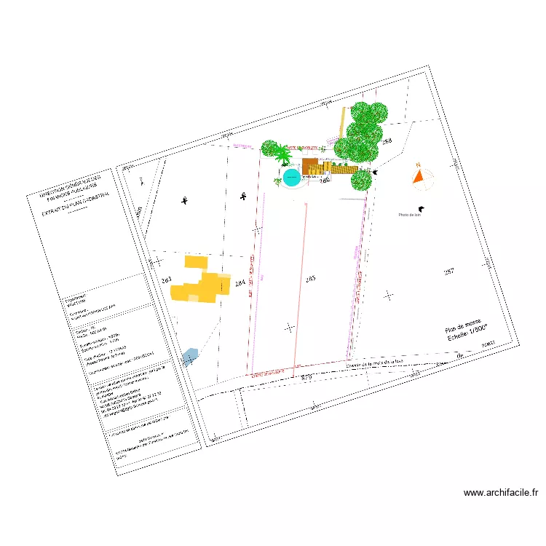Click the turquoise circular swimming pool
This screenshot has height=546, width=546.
point(292,176)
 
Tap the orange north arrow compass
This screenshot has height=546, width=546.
point(419,175)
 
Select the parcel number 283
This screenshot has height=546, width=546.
point(166,280)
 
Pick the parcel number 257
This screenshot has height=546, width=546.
point(449,272)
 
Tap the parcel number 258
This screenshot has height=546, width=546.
point(387,141)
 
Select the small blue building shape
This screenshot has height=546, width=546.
point(190,357)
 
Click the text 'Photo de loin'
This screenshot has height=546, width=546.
point(410,215)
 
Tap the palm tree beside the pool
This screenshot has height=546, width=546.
point(282,157)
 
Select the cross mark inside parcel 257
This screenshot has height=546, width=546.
point(388,295)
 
